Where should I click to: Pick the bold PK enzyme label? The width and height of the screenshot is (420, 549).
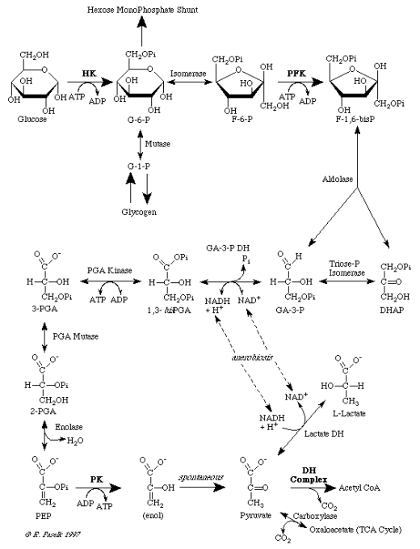click(96, 479)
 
